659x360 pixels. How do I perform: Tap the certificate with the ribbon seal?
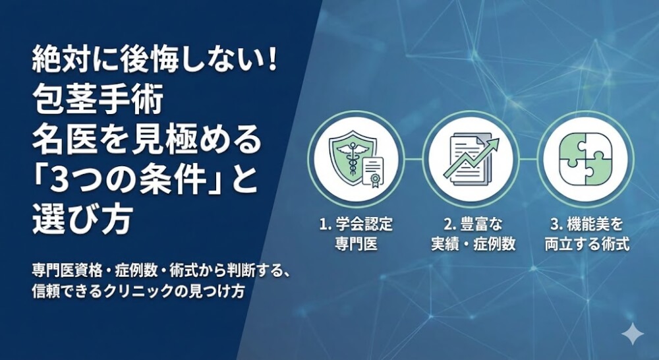372,171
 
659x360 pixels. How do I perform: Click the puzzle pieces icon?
585,159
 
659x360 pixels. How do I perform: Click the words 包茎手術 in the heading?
96,102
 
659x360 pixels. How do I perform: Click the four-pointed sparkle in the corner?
632,335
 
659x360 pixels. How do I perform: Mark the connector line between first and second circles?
413,159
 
